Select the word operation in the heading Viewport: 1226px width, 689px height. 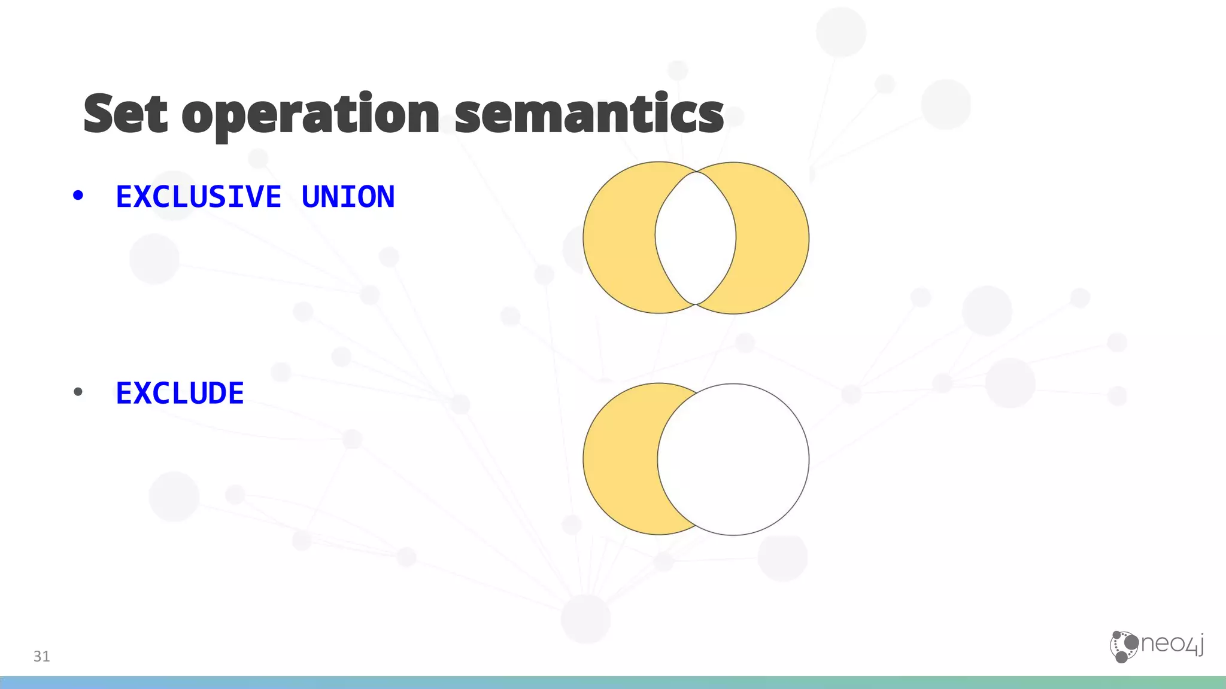[x=310, y=115]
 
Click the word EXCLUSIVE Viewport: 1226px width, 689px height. [x=198, y=197]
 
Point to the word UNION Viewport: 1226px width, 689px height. [x=348, y=197]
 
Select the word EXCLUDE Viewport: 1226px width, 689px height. [x=180, y=394]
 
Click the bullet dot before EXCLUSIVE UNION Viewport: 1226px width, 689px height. [x=78, y=195]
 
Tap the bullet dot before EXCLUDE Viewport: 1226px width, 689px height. [x=78, y=392]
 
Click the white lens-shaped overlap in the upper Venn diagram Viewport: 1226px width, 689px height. [x=696, y=237]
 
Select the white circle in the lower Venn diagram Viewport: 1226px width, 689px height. [x=734, y=459]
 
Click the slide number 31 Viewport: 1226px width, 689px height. [x=41, y=656]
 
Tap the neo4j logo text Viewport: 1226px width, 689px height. [x=1172, y=644]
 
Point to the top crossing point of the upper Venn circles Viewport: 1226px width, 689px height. [x=696, y=172]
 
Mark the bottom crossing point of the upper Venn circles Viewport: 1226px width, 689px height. [x=696, y=304]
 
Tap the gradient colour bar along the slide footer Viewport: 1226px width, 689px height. [x=613, y=682]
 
